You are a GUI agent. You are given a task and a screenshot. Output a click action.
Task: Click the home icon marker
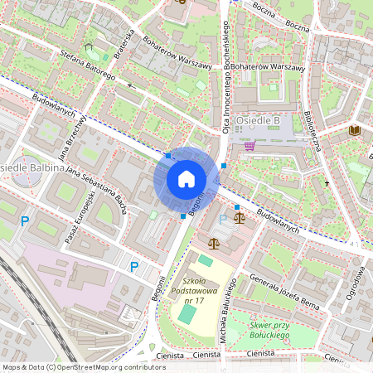(x=186, y=179)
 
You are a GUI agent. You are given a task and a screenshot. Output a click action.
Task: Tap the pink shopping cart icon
(x=249, y=146)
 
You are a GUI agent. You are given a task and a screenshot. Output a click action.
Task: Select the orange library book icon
(x=355, y=130)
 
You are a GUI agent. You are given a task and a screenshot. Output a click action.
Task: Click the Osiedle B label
(x=259, y=121)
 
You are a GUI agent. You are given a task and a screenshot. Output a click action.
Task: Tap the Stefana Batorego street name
(x=87, y=65)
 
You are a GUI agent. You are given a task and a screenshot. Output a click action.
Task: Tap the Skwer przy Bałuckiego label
(x=268, y=330)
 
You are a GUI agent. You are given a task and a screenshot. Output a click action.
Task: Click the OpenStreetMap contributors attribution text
(x=72, y=366)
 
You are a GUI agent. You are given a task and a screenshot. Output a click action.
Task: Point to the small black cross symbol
(x=327, y=182)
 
